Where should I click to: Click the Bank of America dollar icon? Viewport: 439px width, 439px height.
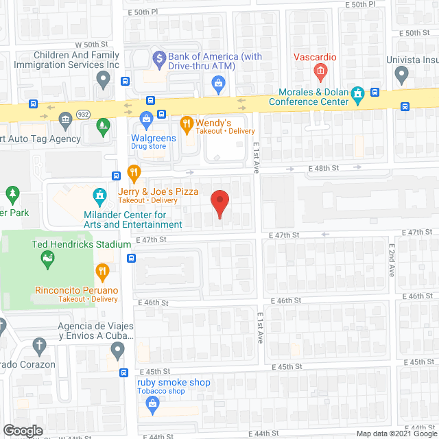click(x=160, y=57)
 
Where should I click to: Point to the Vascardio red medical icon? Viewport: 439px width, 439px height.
click(x=319, y=70)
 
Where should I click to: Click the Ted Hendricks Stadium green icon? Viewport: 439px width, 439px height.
click(x=47, y=258)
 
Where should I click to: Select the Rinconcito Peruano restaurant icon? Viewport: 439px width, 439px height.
click(x=102, y=271)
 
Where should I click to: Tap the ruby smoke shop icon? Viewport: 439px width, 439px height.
click(x=152, y=404)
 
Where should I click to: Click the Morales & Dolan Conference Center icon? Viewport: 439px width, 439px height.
click(x=357, y=93)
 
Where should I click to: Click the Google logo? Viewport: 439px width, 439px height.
click(x=23, y=430)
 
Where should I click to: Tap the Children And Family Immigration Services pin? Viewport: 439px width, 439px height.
click(x=103, y=80)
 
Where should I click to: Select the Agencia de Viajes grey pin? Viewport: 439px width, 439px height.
click(x=117, y=351)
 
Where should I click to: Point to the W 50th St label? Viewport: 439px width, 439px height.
click(x=87, y=45)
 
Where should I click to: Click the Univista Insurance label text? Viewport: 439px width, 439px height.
click(x=412, y=60)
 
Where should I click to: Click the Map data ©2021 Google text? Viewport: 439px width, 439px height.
click(x=394, y=433)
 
